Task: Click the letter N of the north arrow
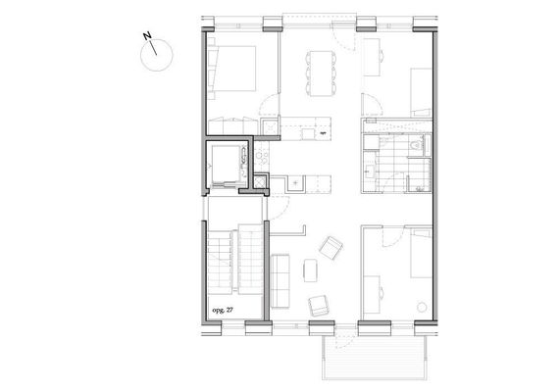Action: coord(147,35)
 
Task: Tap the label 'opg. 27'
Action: coord(223,310)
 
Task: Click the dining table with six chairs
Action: coord(321,73)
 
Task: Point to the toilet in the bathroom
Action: coord(416,146)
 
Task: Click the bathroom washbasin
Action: coord(370,171)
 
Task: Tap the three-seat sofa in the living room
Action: coord(280,280)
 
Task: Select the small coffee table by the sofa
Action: coord(310,270)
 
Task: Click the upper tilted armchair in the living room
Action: coord(331,247)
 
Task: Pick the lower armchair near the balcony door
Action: coord(319,306)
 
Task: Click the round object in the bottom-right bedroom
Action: coord(422,307)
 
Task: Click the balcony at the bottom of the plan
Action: coord(375,357)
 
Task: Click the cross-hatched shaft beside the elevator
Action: coord(260,181)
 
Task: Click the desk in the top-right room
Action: coord(372,57)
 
